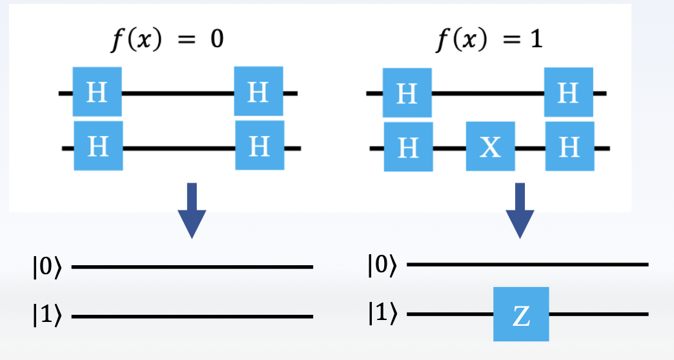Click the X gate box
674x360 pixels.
point(491,147)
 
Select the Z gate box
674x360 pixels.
point(521,314)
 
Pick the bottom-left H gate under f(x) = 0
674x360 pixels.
point(98,145)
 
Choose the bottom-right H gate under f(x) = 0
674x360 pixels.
point(260,145)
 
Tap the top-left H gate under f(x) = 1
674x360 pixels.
point(407,93)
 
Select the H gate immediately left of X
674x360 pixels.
point(408,147)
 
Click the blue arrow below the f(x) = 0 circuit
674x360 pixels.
point(192,210)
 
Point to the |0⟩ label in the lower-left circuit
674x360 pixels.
point(46,266)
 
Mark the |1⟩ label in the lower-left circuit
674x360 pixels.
point(46,317)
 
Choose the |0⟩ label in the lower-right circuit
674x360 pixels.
point(382,265)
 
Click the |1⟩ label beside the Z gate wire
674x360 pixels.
point(382,314)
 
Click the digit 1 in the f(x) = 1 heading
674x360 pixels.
point(535,40)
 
